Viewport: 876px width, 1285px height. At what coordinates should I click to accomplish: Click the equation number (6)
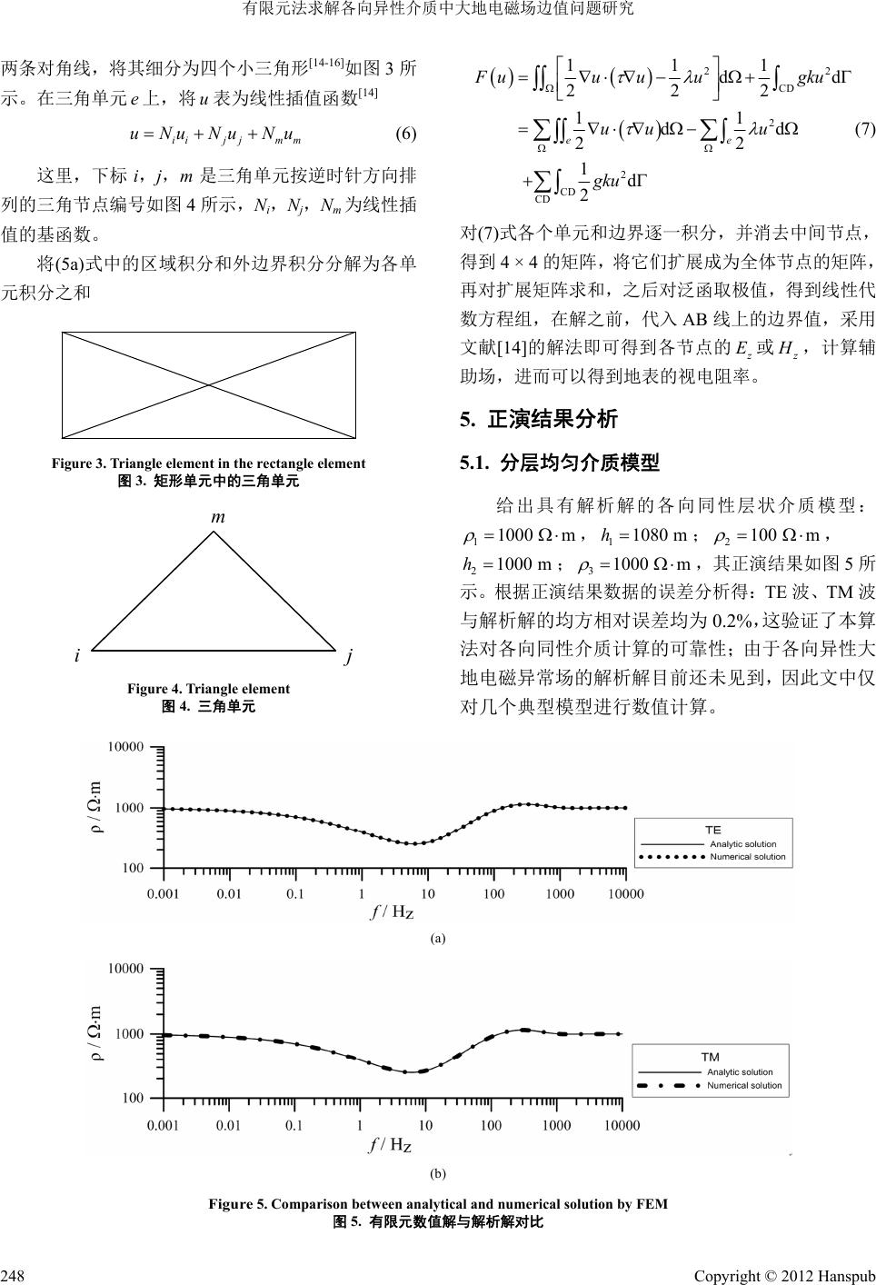click(405, 135)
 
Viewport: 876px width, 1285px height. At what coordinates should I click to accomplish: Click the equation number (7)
click(864, 128)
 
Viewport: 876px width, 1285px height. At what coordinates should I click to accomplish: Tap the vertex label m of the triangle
click(218, 516)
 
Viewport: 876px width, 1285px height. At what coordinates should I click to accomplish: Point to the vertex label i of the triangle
click(79, 654)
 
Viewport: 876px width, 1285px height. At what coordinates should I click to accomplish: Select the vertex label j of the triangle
click(349, 655)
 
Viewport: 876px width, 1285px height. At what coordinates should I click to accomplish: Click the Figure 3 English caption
click(208, 463)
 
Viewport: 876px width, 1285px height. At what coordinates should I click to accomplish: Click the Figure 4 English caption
click(208, 689)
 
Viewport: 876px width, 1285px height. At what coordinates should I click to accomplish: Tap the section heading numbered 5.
click(539, 420)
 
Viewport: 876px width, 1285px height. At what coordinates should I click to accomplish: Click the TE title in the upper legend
click(712, 830)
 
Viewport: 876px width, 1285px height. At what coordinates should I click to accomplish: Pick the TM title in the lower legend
click(711, 1057)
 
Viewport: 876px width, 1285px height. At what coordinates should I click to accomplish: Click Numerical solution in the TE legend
click(748, 857)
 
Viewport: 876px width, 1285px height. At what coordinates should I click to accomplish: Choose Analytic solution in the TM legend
click(741, 1072)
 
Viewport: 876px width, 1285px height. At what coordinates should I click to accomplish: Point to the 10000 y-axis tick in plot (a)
click(125, 747)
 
